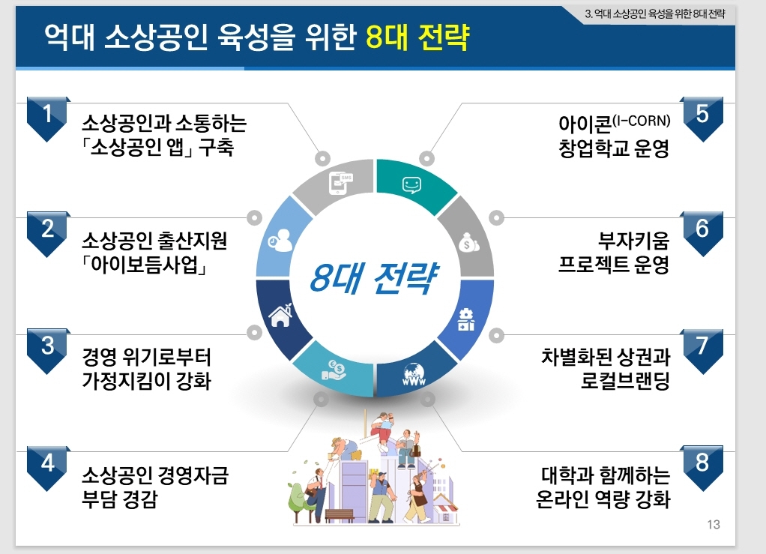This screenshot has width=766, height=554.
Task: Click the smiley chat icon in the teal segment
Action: click(x=411, y=185)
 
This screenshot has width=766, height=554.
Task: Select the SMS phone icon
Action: click(x=340, y=184)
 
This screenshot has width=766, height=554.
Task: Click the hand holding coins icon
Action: click(x=334, y=370)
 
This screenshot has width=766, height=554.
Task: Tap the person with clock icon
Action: click(x=280, y=240)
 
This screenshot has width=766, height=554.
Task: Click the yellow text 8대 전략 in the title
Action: click(x=417, y=37)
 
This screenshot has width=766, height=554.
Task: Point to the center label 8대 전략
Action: click(x=374, y=278)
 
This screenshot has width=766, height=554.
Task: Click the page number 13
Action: click(x=714, y=525)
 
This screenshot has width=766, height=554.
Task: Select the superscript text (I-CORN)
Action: click(x=641, y=120)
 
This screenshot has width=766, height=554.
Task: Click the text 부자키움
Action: click(x=633, y=241)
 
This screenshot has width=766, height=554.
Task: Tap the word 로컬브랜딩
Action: click(x=625, y=381)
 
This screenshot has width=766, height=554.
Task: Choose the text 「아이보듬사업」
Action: click(x=145, y=265)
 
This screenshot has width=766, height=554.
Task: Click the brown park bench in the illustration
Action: click(x=339, y=516)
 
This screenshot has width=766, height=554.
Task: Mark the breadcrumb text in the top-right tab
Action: click(x=655, y=13)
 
